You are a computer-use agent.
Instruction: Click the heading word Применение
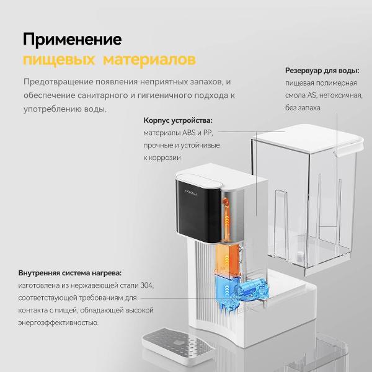[72, 40]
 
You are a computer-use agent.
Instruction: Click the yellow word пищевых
[59, 60]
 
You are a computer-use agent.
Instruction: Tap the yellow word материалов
[149, 60]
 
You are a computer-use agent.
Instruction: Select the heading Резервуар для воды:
[322, 71]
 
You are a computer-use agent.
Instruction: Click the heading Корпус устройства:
[178, 120]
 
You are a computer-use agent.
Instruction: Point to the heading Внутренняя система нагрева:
[69, 273]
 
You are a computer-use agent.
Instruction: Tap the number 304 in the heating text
[147, 285]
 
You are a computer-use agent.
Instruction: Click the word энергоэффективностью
[58, 322]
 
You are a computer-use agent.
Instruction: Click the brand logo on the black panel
[191, 192]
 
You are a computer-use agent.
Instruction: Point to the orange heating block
[226, 259]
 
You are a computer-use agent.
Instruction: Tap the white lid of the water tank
[308, 138]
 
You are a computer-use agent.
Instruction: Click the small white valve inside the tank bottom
[300, 256]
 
